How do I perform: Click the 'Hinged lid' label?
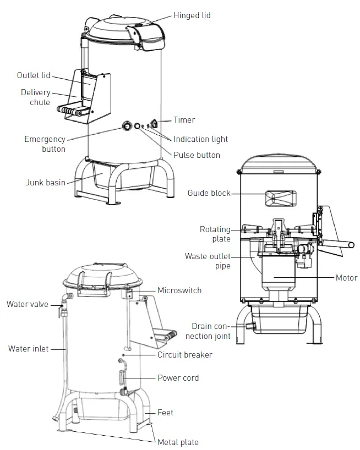pos(192,15)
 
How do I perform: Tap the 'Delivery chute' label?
pos(35,97)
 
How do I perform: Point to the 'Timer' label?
pos(184,120)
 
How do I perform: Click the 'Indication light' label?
pos(200,139)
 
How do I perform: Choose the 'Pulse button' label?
pos(197,155)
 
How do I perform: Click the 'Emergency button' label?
pos(45,144)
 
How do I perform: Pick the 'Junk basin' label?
pos(46,182)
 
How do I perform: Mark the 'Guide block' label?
pos(209,193)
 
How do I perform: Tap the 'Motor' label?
pos(346,278)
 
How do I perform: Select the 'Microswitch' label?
pos(179,290)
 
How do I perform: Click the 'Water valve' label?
pos(28,304)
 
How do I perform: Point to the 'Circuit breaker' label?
pos(184,355)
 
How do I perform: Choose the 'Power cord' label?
pos(178,378)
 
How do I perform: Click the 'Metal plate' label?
pos(178,442)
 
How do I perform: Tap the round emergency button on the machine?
pos(127,126)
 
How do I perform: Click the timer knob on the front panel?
pos(155,124)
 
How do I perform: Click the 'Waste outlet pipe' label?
pos(208,261)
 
